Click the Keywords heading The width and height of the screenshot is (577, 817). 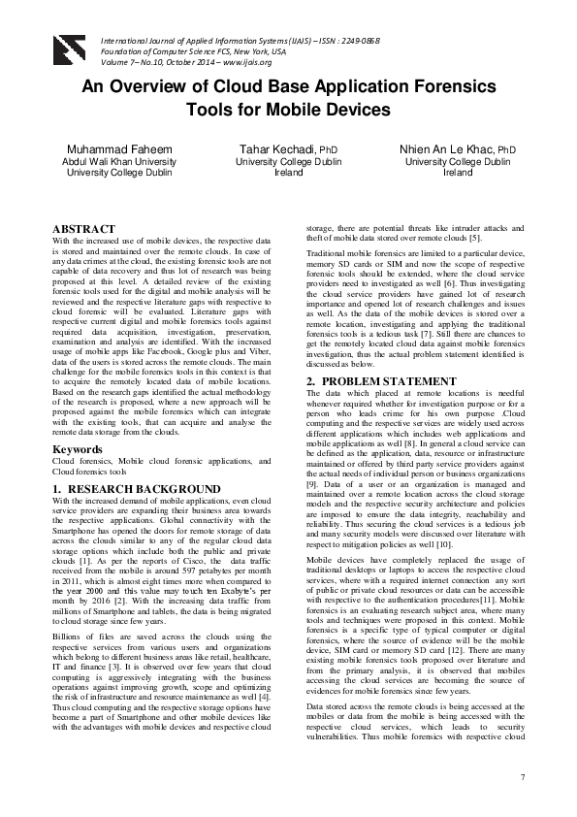[x=78, y=449]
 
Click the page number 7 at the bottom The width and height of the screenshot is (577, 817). [x=522, y=778]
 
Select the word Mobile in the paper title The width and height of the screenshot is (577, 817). [x=312, y=109]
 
